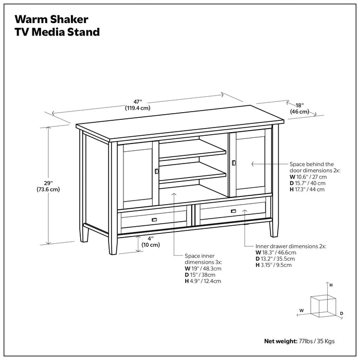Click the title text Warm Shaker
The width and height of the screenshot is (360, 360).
click(51, 19)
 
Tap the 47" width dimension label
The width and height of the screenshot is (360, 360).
click(137, 104)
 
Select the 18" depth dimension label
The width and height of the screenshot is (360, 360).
click(300, 107)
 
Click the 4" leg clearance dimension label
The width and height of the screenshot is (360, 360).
click(150, 241)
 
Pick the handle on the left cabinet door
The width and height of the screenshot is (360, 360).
click(156, 171)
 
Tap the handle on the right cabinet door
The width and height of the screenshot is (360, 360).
click(233, 163)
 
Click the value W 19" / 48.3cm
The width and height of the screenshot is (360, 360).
click(203, 268)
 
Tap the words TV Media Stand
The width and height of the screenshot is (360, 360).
click(57, 32)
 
